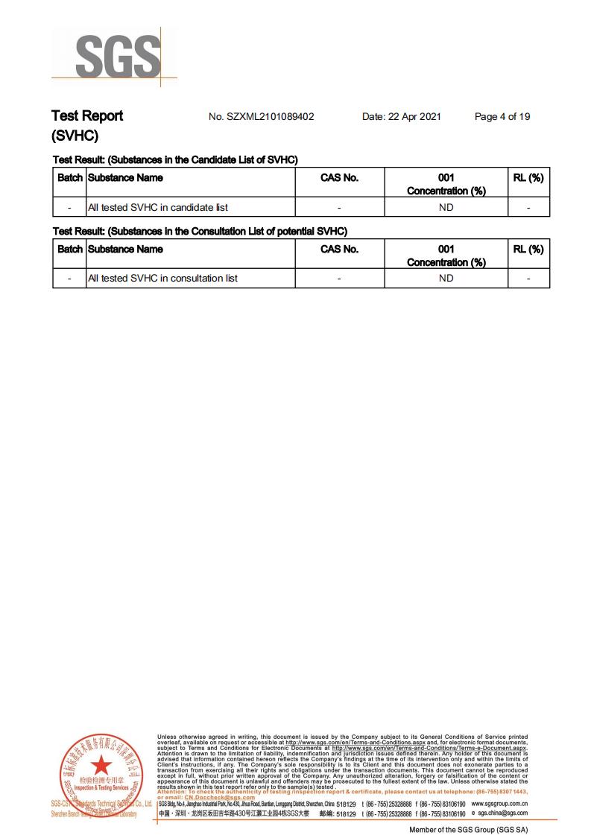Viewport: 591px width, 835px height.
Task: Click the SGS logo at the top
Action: tap(118, 57)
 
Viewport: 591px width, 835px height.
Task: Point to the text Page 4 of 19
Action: tap(502, 117)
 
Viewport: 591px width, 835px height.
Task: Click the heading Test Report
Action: tap(87, 116)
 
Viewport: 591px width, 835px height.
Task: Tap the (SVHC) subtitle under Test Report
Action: tap(75, 136)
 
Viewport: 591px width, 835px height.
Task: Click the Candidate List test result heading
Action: tap(175, 160)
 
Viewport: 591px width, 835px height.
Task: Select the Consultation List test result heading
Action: tap(200, 232)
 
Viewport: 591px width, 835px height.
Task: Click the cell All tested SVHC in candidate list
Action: tap(158, 207)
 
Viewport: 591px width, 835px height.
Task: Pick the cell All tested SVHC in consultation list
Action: tap(162, 279)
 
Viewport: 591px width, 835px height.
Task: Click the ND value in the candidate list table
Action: tap(446, 207)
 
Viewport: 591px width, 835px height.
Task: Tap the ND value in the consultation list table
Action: tap(446, 279)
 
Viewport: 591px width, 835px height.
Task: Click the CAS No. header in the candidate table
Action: tap(339, 178)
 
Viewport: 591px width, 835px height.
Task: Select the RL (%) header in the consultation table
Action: tap(528, 250)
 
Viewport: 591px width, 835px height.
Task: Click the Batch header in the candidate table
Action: tap(69, 178)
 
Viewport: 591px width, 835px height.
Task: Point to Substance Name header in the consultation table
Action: tap(125, 250)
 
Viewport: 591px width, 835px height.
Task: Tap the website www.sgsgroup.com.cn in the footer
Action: tap(499, 804)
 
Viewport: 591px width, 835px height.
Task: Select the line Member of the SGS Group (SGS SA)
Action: tap(468, 829)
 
